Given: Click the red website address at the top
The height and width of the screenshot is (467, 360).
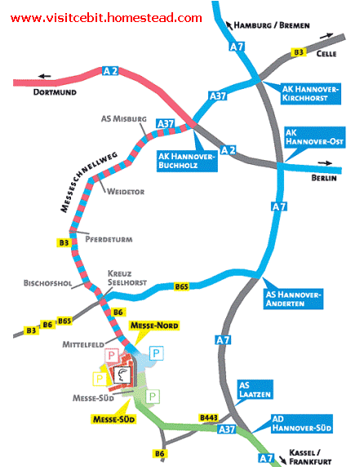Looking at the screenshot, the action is pyautogui.click(x=106, y=18).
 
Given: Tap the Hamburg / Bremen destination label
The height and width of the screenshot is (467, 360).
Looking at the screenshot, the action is pyautogui.click(x=272, y=25).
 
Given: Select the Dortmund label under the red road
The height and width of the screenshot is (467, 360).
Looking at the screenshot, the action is pyautogui.click(x=55, y=92).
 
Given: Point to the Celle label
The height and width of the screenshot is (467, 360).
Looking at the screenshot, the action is pyautogui.click(x=327, y=54).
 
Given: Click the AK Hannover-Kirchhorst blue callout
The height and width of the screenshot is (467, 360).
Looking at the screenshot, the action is pyautogui.click(x=310, y=94).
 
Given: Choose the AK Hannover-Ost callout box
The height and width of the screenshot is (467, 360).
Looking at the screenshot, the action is pyautogui.click(x=315, y=137).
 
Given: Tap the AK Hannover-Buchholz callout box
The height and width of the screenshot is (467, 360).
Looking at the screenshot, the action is pyautogui.click(x=187, y=161).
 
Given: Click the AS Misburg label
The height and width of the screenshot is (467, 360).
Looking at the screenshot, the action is pyautogui.click(x=124, y=119).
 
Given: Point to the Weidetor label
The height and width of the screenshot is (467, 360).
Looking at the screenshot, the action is pyautogui.click(x=126, y=192).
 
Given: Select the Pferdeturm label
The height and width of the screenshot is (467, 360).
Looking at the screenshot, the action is pyautogui.click(x=109, y=239).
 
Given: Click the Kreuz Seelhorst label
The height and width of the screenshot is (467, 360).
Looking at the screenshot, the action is pyautogui.click(x=127, y=278).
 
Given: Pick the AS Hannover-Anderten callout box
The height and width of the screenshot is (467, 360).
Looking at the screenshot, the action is pyautogui.click(x=293, y=299).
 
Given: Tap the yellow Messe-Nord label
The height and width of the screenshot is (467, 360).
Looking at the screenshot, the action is pyautogui.click(x=154, y=326).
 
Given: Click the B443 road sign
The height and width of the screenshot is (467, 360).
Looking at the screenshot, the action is pyautogui.click(x=208, y=418).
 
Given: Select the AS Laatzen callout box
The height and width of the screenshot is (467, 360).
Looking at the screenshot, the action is pyautogui.click(x=255, y=389).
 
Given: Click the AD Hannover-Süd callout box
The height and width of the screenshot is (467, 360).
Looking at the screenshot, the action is pyautogui.click(x=301, y=424).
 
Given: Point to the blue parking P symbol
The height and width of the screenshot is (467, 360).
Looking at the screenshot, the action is pyautogui.click(x=157, y=354).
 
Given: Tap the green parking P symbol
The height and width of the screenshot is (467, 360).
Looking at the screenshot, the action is pyautogui.click(x=153, y=397).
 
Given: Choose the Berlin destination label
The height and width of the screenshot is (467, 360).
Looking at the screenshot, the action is pyautogui.click(x=324, y=178).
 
